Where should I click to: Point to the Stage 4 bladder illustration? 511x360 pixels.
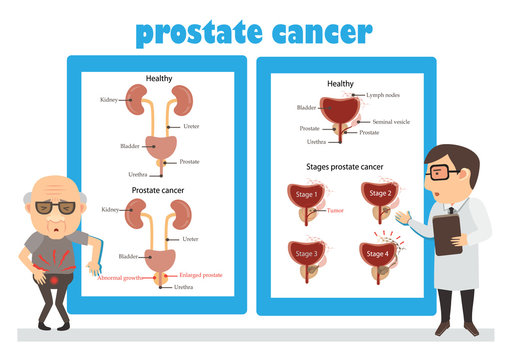coord(378,256)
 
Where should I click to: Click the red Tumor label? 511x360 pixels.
coord(335,211)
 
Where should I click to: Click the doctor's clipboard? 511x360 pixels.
coord(447,235)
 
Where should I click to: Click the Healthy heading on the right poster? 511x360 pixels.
coord(340,84)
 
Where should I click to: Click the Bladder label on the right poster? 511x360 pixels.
coord(306,106)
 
